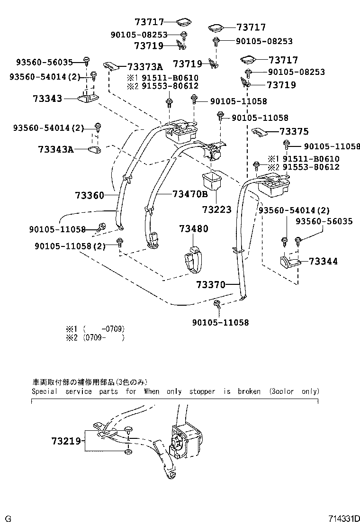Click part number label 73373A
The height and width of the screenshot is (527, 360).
tap(144, 67)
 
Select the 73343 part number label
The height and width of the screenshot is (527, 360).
tap(47, 99)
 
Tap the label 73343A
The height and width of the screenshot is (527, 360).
tap(56, 150)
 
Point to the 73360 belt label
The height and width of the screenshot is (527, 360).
tap(89, 195)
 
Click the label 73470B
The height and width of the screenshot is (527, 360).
tap(190, 194)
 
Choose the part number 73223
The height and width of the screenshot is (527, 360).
tap(216, 209)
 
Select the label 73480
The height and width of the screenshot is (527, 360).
tap(193, 229)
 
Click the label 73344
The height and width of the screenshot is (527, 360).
tap(324, 261)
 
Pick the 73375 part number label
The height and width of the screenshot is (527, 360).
tap(294, 132)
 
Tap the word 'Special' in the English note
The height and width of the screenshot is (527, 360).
tap(44, 391)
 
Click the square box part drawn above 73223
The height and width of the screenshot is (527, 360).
tap(213, 182)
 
